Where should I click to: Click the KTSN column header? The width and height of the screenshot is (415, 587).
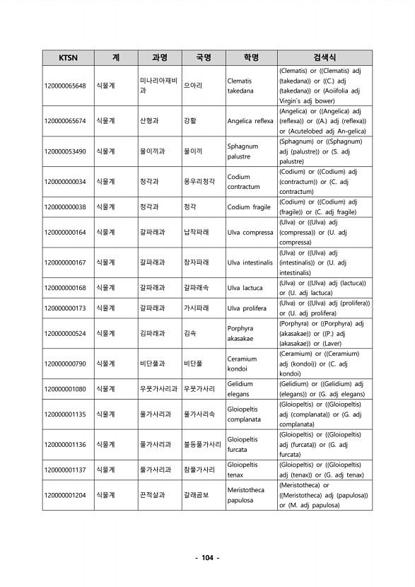tap(69, 57)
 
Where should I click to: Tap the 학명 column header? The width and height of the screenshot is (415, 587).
tap(250, 57)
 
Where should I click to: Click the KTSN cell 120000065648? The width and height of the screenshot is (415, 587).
tap(65, 86)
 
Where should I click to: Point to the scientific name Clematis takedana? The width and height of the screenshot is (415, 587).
tap(240, 86)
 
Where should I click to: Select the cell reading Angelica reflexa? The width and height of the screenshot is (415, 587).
tap(250, 121)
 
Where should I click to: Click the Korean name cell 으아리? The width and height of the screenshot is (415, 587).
tap(193, 86)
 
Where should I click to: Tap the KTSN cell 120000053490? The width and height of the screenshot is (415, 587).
tap(65, 151)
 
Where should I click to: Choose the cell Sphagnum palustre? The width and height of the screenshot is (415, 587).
tap(242, 151)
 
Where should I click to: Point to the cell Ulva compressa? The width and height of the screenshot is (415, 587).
tap(250, 232)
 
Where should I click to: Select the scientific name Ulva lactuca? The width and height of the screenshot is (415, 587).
tap(245, 288)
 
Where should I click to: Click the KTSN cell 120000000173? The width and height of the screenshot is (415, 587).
tap(65, 308)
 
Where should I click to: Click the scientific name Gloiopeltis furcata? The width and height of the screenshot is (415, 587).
tap(242, 444)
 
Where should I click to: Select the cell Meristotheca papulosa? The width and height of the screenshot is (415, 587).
tap(245, 494)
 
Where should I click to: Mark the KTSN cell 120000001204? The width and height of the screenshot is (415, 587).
tap(65, 494)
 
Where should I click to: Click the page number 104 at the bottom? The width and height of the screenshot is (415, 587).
tap(207, 558)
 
